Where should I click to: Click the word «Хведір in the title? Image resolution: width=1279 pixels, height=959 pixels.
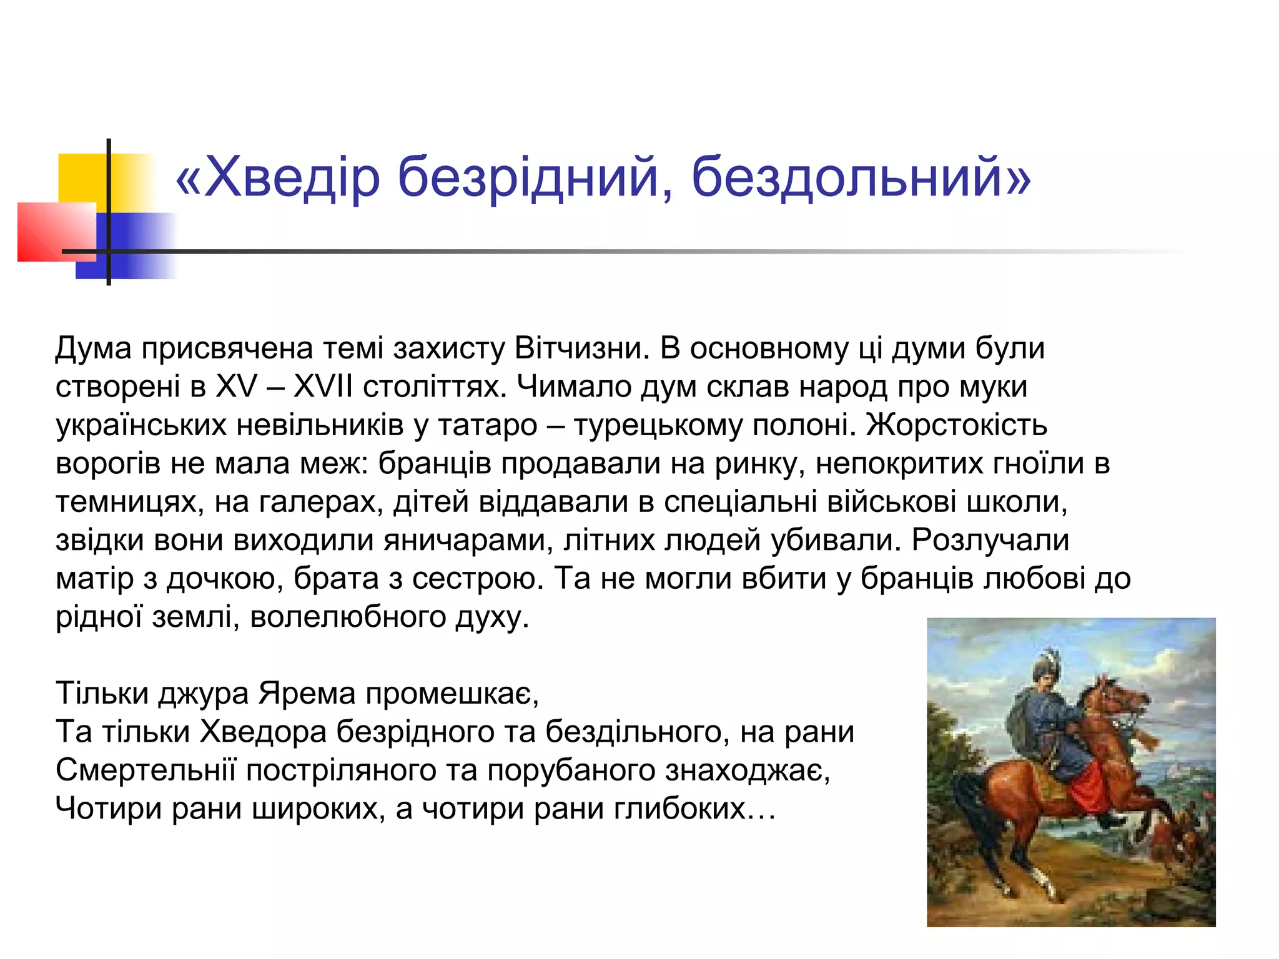coord(278,178)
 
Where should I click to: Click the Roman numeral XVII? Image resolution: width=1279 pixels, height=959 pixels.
coord(323,387)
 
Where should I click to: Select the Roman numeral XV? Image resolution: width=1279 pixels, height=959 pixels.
coord(237,387)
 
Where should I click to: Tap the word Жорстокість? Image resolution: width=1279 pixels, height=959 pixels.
coord(956,426)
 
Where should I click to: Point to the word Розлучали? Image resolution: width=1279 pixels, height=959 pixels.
coord(990,541)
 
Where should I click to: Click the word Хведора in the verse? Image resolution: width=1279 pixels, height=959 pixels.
coord(263,732)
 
